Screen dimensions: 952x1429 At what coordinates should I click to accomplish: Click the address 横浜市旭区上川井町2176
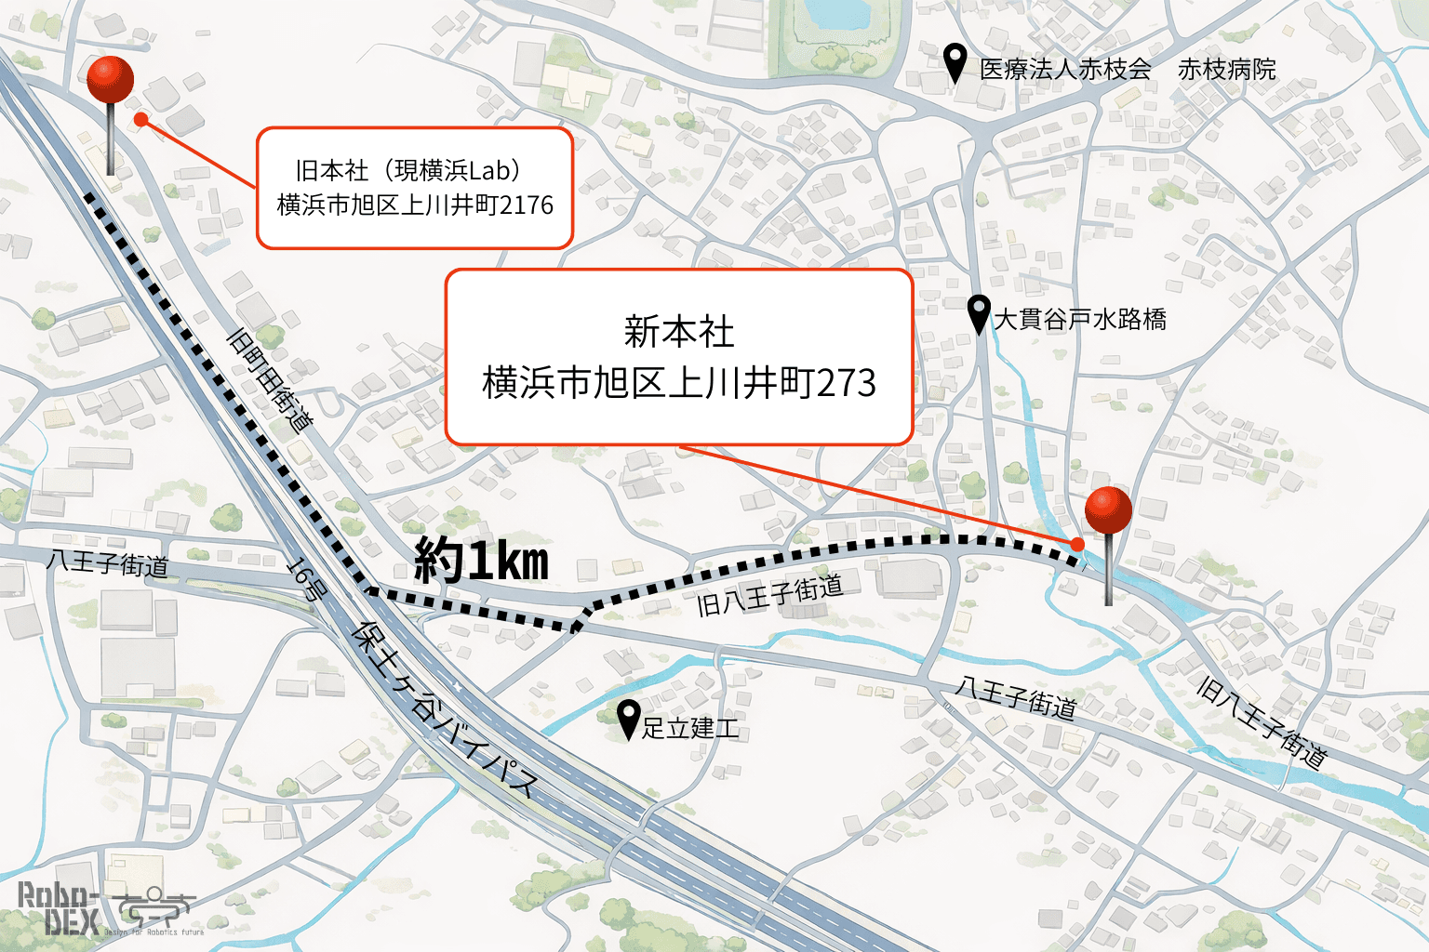click(x=415, y=205)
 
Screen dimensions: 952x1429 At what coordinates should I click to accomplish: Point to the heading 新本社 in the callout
click(x=679, y=332)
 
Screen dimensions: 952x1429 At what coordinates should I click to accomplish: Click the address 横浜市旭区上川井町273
click(x=679, y=383)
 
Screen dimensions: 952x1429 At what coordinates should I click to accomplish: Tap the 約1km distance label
click(x=481, y=561)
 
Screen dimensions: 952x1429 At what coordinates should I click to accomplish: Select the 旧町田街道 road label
click(x=270, y=379)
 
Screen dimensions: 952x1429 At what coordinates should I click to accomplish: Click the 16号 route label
click(x=305, y=577)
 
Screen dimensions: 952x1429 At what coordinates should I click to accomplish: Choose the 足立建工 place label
click(x=690, y=728)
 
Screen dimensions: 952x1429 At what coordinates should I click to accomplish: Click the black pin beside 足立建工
click(x=629, y=719)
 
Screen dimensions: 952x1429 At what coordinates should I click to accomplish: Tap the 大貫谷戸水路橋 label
click(x=1080, y=320)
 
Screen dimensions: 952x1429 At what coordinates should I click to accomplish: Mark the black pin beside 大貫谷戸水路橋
click(x=979, y=313)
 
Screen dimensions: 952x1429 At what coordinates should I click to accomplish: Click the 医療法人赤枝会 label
click(x=1065, y=69)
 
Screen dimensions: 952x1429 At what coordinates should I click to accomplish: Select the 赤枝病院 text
click(x=1227, y=69)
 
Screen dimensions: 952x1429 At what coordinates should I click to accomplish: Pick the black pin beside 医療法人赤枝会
click(x=955, y=62)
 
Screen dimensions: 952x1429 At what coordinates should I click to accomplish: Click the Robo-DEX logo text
click(x=59, y=908)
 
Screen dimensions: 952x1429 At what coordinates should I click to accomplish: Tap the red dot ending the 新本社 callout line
click(x=1077, y=544)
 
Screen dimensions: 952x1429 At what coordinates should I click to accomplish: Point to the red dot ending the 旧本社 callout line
click(x=140, y=119)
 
